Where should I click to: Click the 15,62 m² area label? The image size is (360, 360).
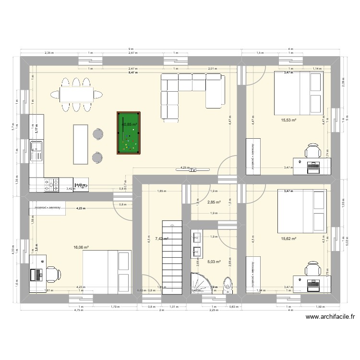point(288,239)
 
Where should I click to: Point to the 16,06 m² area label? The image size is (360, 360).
point(81,248)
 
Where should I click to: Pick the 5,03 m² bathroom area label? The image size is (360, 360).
point(214,262)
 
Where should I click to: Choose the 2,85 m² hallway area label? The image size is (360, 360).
point(214,202)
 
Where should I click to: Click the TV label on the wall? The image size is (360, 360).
point(193,170)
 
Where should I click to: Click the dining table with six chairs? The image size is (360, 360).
point(76,94)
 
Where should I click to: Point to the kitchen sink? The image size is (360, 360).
point(36,150)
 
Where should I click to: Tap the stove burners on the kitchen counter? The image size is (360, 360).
point(51,184)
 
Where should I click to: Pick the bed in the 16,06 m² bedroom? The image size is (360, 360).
point(107,271)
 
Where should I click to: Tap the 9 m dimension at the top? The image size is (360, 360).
point(131,49)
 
